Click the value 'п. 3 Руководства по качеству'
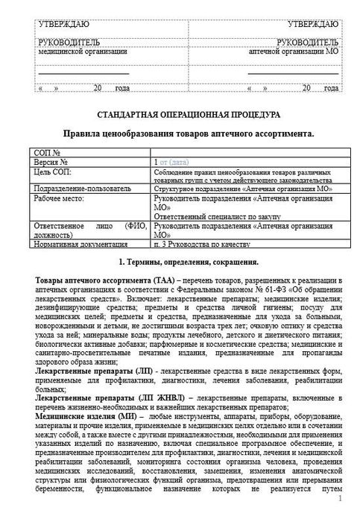pos(201,243)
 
